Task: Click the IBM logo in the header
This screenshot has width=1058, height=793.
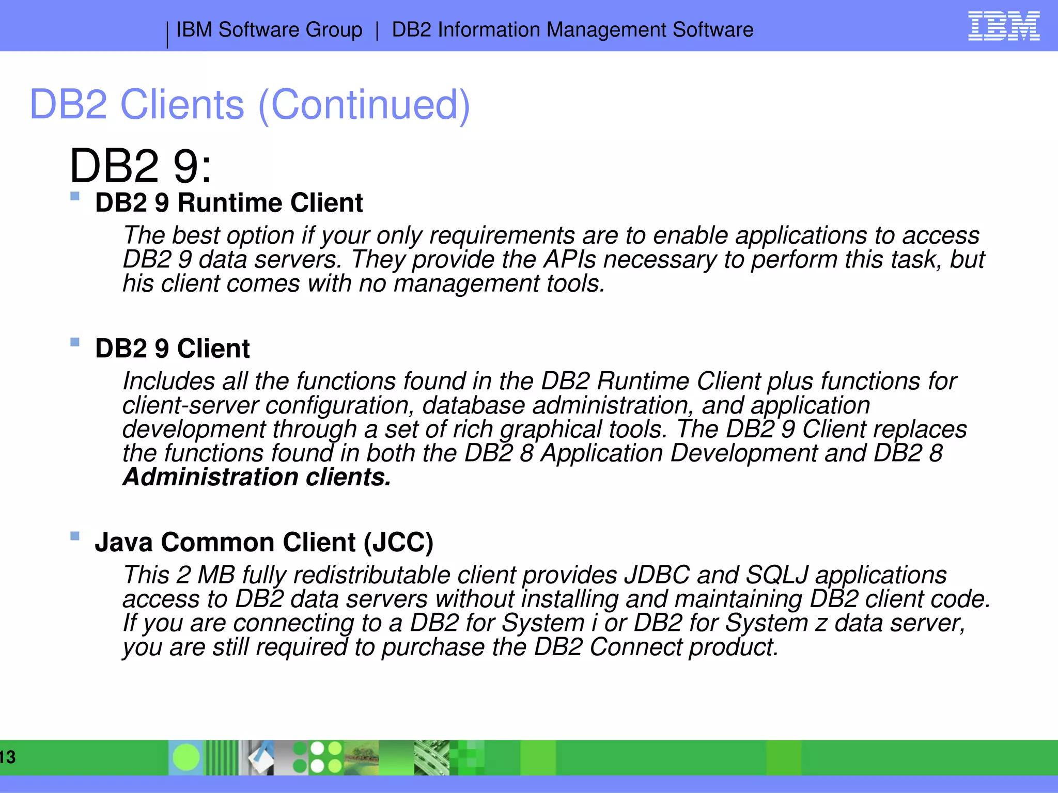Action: pyautogui.click(x=1003, y=26)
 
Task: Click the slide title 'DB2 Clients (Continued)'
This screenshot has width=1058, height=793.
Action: pyautogui.click(x=250, y=105)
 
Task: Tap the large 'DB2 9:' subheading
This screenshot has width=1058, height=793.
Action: pyautogui.click(x=141, y=166)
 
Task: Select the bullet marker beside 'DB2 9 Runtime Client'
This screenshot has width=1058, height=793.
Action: pyautogui.click(x=75, y=196)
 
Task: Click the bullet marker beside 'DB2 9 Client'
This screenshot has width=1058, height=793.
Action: pyautogui.click(x=75, y=342)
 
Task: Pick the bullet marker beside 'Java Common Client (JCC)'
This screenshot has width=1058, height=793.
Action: pyautogui.click(x=75, y=536)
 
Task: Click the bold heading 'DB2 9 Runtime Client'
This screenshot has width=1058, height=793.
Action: pyautogui.click(x=229, y=203)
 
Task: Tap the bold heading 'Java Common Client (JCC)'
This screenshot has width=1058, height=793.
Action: pyautogui.click(x=264, y=543)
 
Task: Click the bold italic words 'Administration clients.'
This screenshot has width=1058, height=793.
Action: pyautogui.click(x=257, y=477)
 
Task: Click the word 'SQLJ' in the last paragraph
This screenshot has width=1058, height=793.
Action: pyautogui.click(x=777, y=575)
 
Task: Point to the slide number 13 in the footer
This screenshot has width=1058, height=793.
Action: pyautogui.click(x=8, y=757)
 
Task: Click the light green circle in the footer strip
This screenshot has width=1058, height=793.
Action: pyautogui.click(x=186, y=757)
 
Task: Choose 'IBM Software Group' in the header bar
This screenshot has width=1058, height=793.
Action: pyautogui.click(x=269, y=30)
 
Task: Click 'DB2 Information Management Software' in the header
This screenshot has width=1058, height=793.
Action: pyautogui.click(x=572, y=30)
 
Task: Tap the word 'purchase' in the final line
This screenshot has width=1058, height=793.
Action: pyautogui.click(x=433, y=647)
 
